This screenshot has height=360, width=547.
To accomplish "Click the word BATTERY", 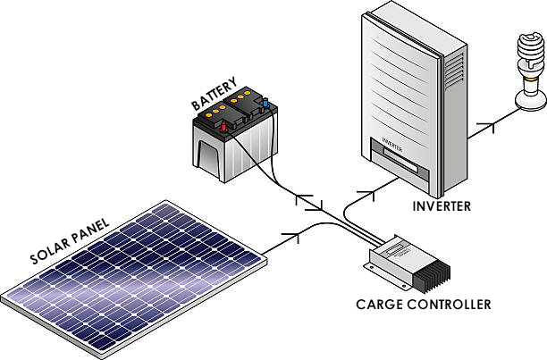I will pyautogui.click(x=215, y=93).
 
